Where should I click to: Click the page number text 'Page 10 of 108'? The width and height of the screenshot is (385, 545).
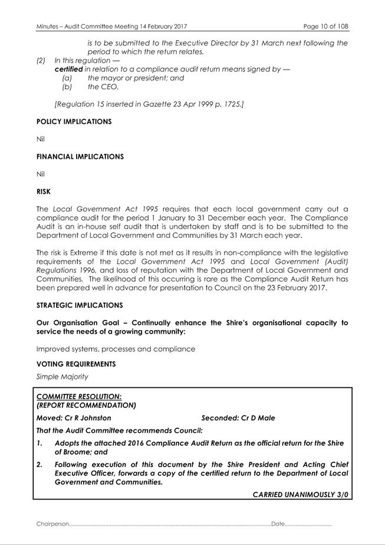(x=325, y=27)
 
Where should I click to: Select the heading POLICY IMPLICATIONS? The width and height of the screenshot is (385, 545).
(x=74, y=122)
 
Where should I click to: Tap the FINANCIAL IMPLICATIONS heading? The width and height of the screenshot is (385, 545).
(x=80, y=156)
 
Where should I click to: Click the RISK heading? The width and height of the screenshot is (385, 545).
(x=44, y=191)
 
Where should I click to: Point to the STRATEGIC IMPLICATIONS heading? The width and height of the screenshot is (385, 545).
(x=80, y=305)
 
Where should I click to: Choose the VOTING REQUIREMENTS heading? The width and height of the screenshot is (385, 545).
(x=76, y=364)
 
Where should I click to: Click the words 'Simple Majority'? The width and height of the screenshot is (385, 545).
(x=62, y=376)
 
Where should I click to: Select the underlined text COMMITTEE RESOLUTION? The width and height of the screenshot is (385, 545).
(x=79, y=397)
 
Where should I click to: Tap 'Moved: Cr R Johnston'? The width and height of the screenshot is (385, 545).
(x=74, y=418)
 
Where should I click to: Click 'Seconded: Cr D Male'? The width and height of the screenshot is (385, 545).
(x=238, y=418)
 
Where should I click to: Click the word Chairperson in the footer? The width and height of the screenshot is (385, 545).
(x=52, y=524)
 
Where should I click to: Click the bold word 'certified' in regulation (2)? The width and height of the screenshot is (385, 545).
(x=68, y=69)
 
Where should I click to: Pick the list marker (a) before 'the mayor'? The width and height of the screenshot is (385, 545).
(x=67, y=78)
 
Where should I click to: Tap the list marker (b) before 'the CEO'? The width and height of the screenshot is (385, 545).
(x=67, y=87)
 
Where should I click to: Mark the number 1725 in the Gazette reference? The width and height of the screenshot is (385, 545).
(x=229, y=104)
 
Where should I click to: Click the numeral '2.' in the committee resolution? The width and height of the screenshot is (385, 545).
(x=40, y=465)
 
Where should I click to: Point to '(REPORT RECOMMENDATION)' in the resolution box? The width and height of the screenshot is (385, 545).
(x=86, y=405)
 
